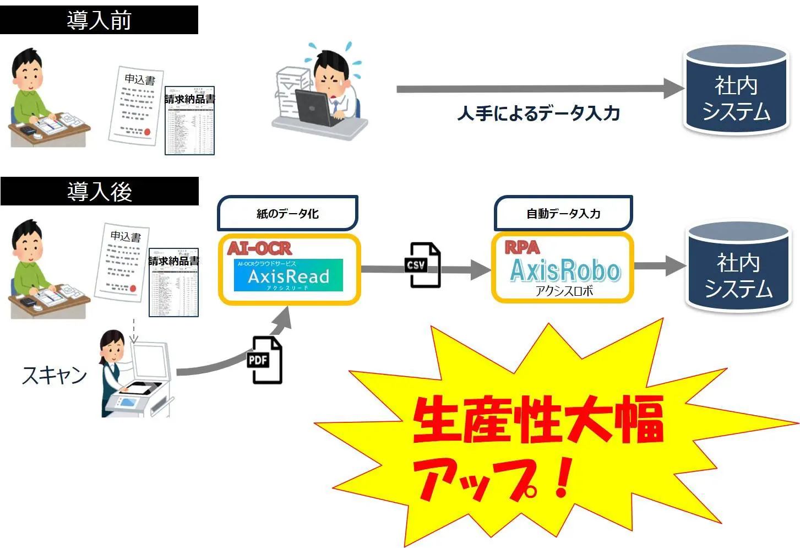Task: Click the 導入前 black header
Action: tap(99, 20)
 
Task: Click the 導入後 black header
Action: tap(99, 191)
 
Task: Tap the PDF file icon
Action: tap(265, 360)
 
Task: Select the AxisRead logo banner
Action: tap(288, 275)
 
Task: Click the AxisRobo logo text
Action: tap(565, 270)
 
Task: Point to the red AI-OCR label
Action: tap(259, 248)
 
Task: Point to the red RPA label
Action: tap(522, 247)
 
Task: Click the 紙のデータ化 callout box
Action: tap(287, 213)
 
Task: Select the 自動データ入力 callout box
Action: tap(563, 213)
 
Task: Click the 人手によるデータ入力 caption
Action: tap(538, 113)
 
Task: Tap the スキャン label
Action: tap(55, 375)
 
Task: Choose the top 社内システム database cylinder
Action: tap(736, 89)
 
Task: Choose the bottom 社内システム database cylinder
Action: tap(738, 267)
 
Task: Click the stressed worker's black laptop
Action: tap(314, 107)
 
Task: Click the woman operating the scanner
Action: tap(114, 369)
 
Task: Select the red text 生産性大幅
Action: tap(538, 420)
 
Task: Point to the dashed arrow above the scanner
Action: tap(133, 330)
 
